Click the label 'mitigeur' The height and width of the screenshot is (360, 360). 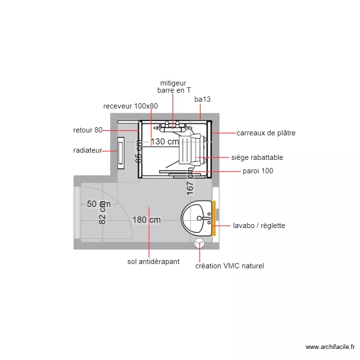(173, 83)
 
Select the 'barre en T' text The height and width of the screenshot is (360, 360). (174, 90)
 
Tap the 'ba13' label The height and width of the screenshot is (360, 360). (203, 99)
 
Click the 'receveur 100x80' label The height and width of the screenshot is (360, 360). (131, 106)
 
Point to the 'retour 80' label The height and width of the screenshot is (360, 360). (88, 130)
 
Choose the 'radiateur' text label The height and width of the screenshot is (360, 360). (88, 150)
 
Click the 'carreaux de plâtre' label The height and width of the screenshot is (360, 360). (266, 133)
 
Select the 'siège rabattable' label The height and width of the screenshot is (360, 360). (257, 157)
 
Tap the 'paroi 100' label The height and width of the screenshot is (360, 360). (258, 171)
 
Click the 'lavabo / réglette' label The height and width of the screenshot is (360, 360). (259, 225)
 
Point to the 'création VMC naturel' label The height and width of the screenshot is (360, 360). (229, 266)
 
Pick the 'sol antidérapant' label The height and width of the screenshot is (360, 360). (154, 262)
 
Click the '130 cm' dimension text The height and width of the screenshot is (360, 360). (165, 142)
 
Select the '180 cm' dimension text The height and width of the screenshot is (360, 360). (146, 220)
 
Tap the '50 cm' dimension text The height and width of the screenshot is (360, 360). (98, 204)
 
